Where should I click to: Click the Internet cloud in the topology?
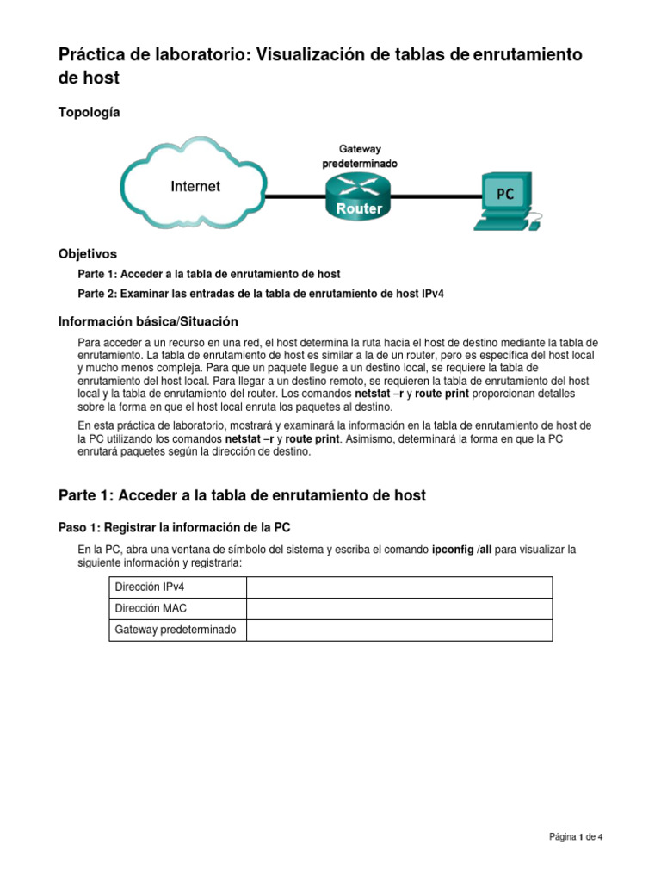pos(195,185)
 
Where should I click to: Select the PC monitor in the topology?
pos(504,194)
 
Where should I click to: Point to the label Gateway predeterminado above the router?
pos(360,156)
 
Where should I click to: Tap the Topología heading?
pos(90,112)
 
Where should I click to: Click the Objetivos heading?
pos(87,254)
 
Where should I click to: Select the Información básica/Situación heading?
pos(147,321)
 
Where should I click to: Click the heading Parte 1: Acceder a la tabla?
pos(242,495)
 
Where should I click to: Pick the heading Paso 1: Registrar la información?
pos(179,527)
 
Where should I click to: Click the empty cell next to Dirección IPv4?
pos(399,587)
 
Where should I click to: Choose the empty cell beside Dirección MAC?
pos(399,609)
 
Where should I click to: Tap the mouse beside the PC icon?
pos(534,226)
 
